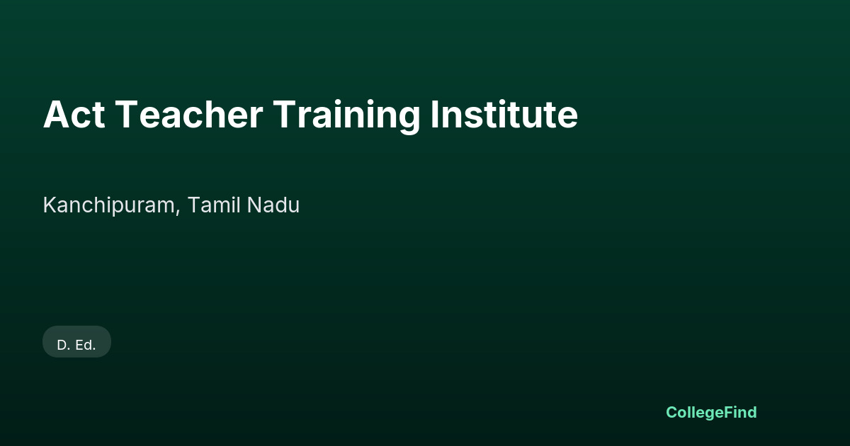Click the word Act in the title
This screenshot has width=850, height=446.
(74, 115)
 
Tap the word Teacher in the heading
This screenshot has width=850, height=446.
(188, 115)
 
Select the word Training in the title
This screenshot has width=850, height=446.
(346, 117)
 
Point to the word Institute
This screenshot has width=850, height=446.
(504, 114)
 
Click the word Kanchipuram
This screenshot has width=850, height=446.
(109, 205)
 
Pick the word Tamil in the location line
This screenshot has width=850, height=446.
(214, 205)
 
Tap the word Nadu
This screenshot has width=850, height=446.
(273, 205)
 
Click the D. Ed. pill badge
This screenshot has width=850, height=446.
(76, 341)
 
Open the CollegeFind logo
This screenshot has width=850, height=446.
(711, 413)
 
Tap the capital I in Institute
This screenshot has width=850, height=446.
(434, 115)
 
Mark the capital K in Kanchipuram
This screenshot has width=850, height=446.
(50, 205)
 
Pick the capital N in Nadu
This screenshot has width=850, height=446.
(254, 205)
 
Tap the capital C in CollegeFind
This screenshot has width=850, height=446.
(672, 412)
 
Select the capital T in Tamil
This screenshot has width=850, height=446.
(195, 205)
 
